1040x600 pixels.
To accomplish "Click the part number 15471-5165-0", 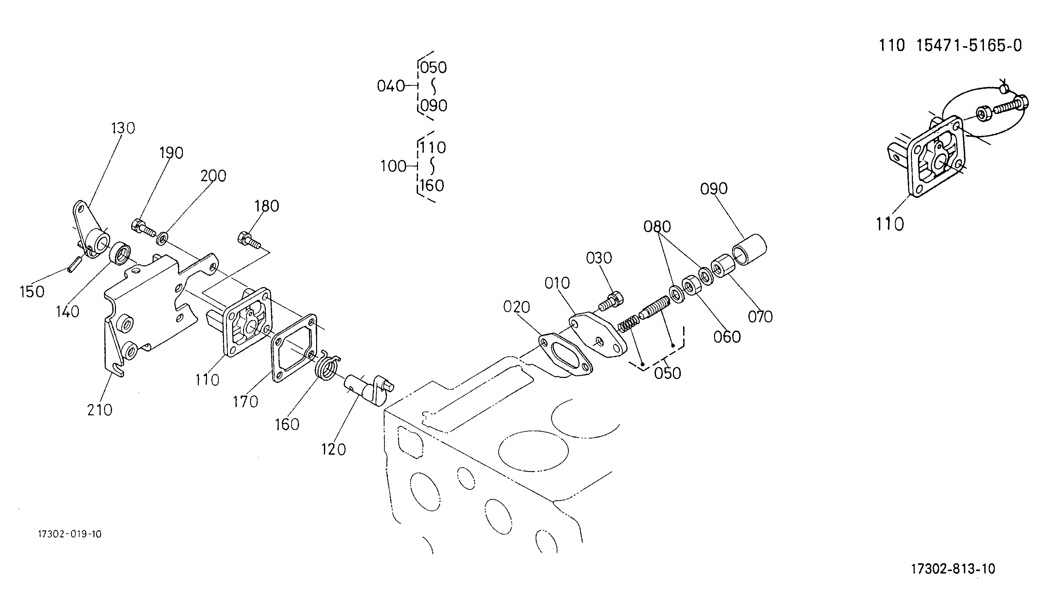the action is tap(969, 46).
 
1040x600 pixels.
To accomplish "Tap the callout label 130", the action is tap(123, 129).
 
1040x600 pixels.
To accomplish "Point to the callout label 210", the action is tap(100, 410).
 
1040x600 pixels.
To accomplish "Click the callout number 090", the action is tap(714, 189).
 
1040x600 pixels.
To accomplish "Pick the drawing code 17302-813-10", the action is tap(953, 569).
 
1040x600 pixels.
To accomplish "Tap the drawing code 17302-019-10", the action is tap(70, 534).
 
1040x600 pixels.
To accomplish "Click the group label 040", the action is tap(391, 86).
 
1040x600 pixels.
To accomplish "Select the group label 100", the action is tap(393, 166).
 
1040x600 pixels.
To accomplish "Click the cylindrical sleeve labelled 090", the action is tap(749, 250).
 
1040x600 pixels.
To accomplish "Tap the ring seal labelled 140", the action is tap(120, 253).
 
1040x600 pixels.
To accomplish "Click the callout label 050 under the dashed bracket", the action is tap(668, 373).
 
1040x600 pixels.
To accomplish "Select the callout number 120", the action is tap(333, 449).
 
